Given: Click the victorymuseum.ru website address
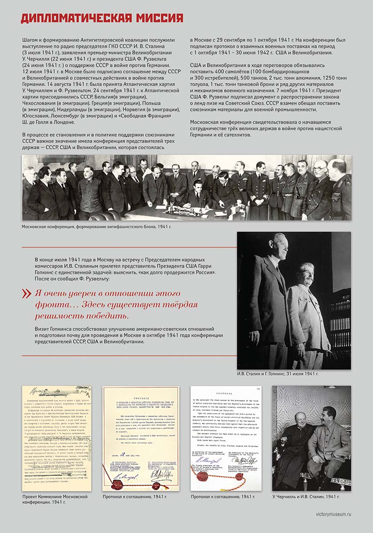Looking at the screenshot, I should [330, 514].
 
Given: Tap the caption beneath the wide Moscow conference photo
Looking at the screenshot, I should [96, 227].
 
